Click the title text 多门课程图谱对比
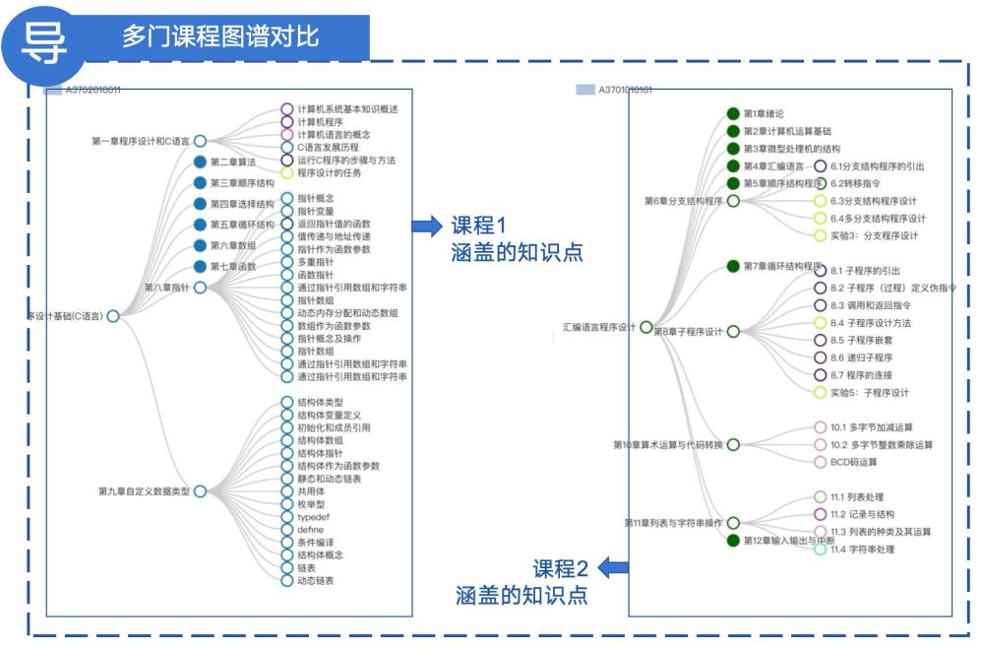(x=220, y=36)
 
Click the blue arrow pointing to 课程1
(x=426, y=226)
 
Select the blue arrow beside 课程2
(x=614, y=566)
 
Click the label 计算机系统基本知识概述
(x=347, y=109)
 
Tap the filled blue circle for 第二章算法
(x=200, y=162)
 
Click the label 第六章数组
(x=233, y=245)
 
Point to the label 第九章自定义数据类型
(x=144, y=490)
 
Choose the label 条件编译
(x=315, y=543)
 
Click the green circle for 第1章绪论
(x=732, y=114)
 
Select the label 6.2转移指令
(x=854, y=183)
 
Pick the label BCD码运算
(x=853, y=462)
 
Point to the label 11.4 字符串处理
(x=863, y=550)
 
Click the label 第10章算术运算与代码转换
(x=668, y=445)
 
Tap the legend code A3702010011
(x=92, y=90)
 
